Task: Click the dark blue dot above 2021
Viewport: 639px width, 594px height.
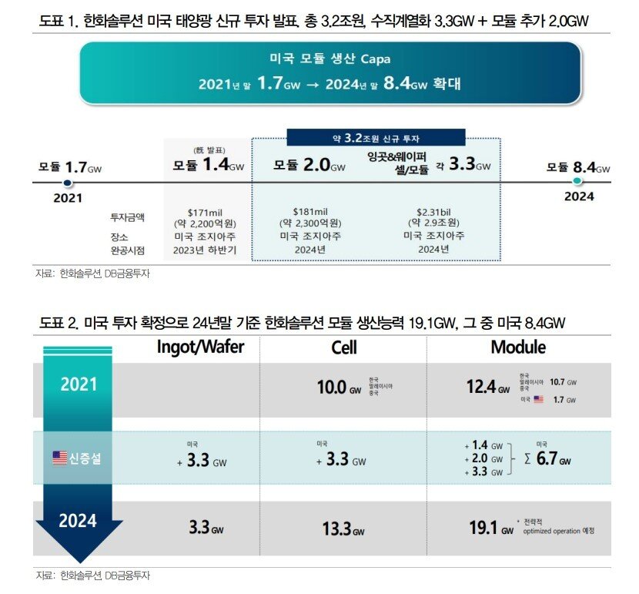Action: click(68, 183)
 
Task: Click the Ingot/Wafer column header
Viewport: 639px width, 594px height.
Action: click(200, 347)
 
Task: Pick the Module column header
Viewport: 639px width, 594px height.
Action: click(518, 347)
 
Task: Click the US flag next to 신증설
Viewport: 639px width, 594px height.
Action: click(59, 458)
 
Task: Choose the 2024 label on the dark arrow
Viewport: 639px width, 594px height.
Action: click(79, 521)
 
